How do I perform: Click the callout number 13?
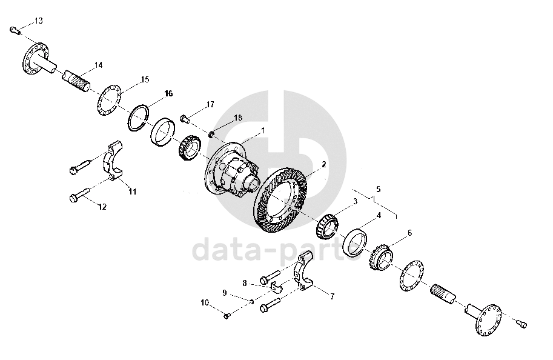[x=38, y=21]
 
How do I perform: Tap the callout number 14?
[x=98, y=65]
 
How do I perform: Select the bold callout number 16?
[x=168, y=93]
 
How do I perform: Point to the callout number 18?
[x=238, y=118]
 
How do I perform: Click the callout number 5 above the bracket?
[x=379, y=189]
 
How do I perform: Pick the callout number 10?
[x=205, y=303]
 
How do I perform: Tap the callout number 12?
[x=102, y=207]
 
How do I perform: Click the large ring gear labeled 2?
[x=281, y=201]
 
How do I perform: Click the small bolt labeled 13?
[x=15, y=30]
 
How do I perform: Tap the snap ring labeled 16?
[x=138, y=118]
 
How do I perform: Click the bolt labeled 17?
[x=185, y=119]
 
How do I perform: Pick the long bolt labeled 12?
[x=79, y=195]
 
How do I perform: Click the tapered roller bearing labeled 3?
[x=327, y=225]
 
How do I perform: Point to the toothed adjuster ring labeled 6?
[x=382, y=258]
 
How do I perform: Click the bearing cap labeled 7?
[x=303, y=270]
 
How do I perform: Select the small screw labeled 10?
[x=227, y=316]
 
